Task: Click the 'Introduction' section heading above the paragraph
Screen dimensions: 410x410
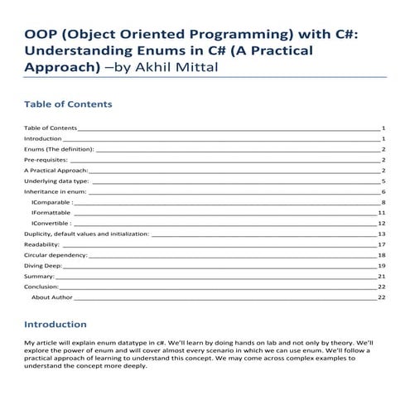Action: (x=55, y=324)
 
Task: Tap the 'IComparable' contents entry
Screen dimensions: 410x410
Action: (x=51, y=201)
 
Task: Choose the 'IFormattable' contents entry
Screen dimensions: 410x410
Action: (x=52, y=212)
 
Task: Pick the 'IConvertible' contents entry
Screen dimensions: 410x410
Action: (x=51, y=223)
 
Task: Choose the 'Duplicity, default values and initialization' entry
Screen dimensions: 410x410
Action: (x=87, y=234)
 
